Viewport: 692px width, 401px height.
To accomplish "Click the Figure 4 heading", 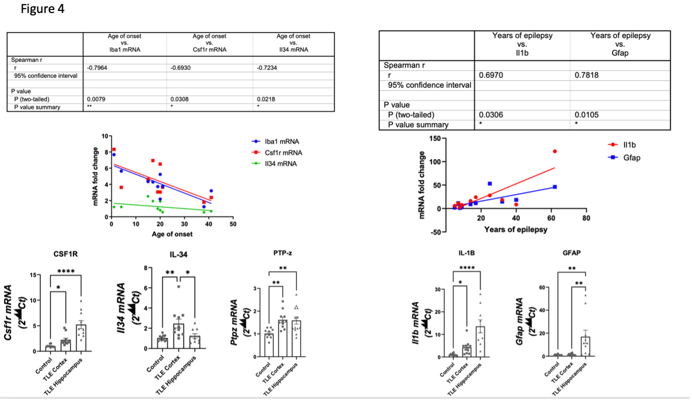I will click(x=43, y=9).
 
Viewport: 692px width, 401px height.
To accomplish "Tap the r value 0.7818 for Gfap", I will click(x=587, y=75).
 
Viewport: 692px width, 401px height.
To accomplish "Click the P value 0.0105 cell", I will click(x=586, y=115).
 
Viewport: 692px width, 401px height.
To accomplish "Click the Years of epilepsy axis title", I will click(x=515, y=230).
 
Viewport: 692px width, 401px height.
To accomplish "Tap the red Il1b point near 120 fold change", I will click(x=554, y=151).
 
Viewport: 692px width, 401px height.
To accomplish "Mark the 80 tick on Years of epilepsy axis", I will click(x=586, y=218).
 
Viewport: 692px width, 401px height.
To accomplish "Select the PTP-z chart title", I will click(x=283, y=253).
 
